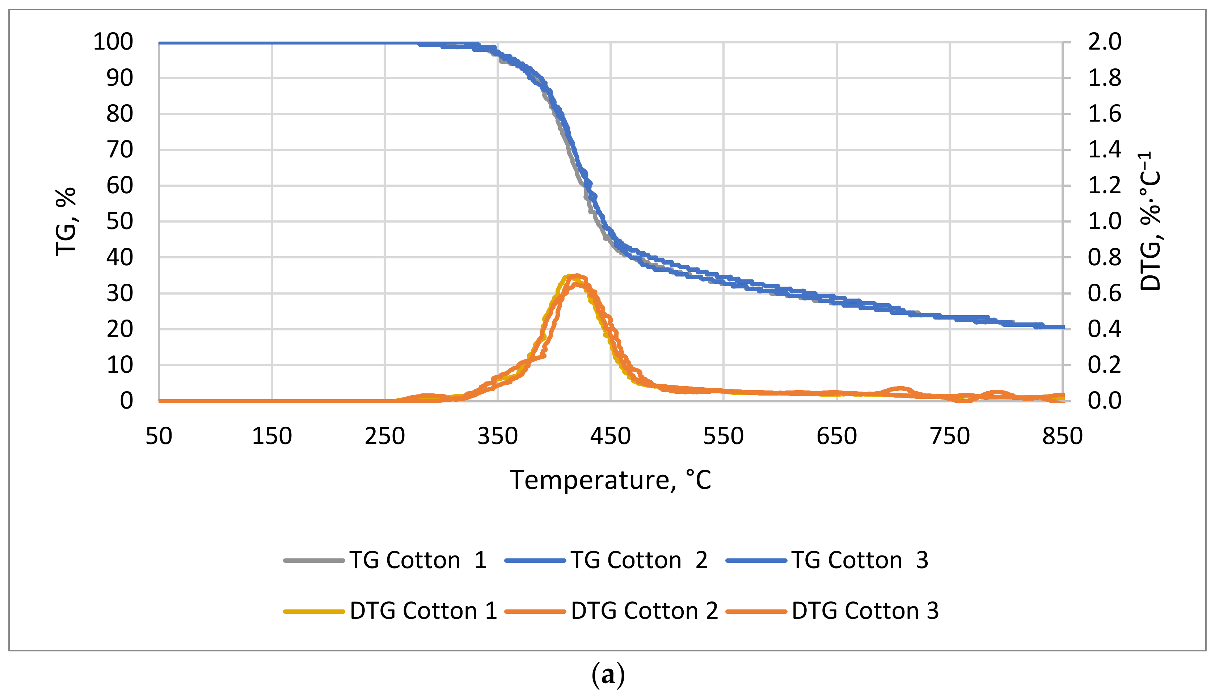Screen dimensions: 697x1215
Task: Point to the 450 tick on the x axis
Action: pyautogui.click(x=610, y=436)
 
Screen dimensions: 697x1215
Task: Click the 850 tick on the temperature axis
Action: pyautogui.click(x=1062, y=436)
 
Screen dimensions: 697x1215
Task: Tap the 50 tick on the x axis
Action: pyautogui.click(x=159, y=436)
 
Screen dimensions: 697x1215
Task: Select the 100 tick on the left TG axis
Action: pyautogui.click(x=113, y=42)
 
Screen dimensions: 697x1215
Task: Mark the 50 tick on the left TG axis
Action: pyautogui.click(x=120, y=221)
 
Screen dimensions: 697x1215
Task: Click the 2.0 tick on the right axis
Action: pyautogui.click(x=1104, y=42)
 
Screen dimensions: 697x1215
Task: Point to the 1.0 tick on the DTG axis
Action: pyautogui.click(x=1104, y=221)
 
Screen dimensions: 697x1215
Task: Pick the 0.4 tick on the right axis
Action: pyautogui.click(x=1104, y=329)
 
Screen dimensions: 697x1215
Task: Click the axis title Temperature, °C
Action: pyautogui.click(x=610, y=480)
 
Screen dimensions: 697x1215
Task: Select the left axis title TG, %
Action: pyautogui.click(x=66, y=221)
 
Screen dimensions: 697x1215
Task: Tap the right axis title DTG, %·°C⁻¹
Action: pyautogui.click(x=1150, y=221)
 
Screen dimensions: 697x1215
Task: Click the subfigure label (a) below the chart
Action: pyautogui.click(x=608, y=675)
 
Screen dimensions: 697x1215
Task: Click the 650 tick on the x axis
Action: pyautogui.click(x=836, y=436)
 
